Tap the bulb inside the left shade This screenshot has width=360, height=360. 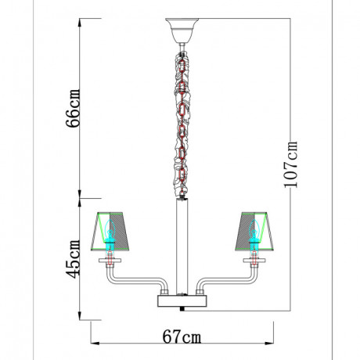coord(111,235)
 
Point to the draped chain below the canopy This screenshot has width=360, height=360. coord(181,117)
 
